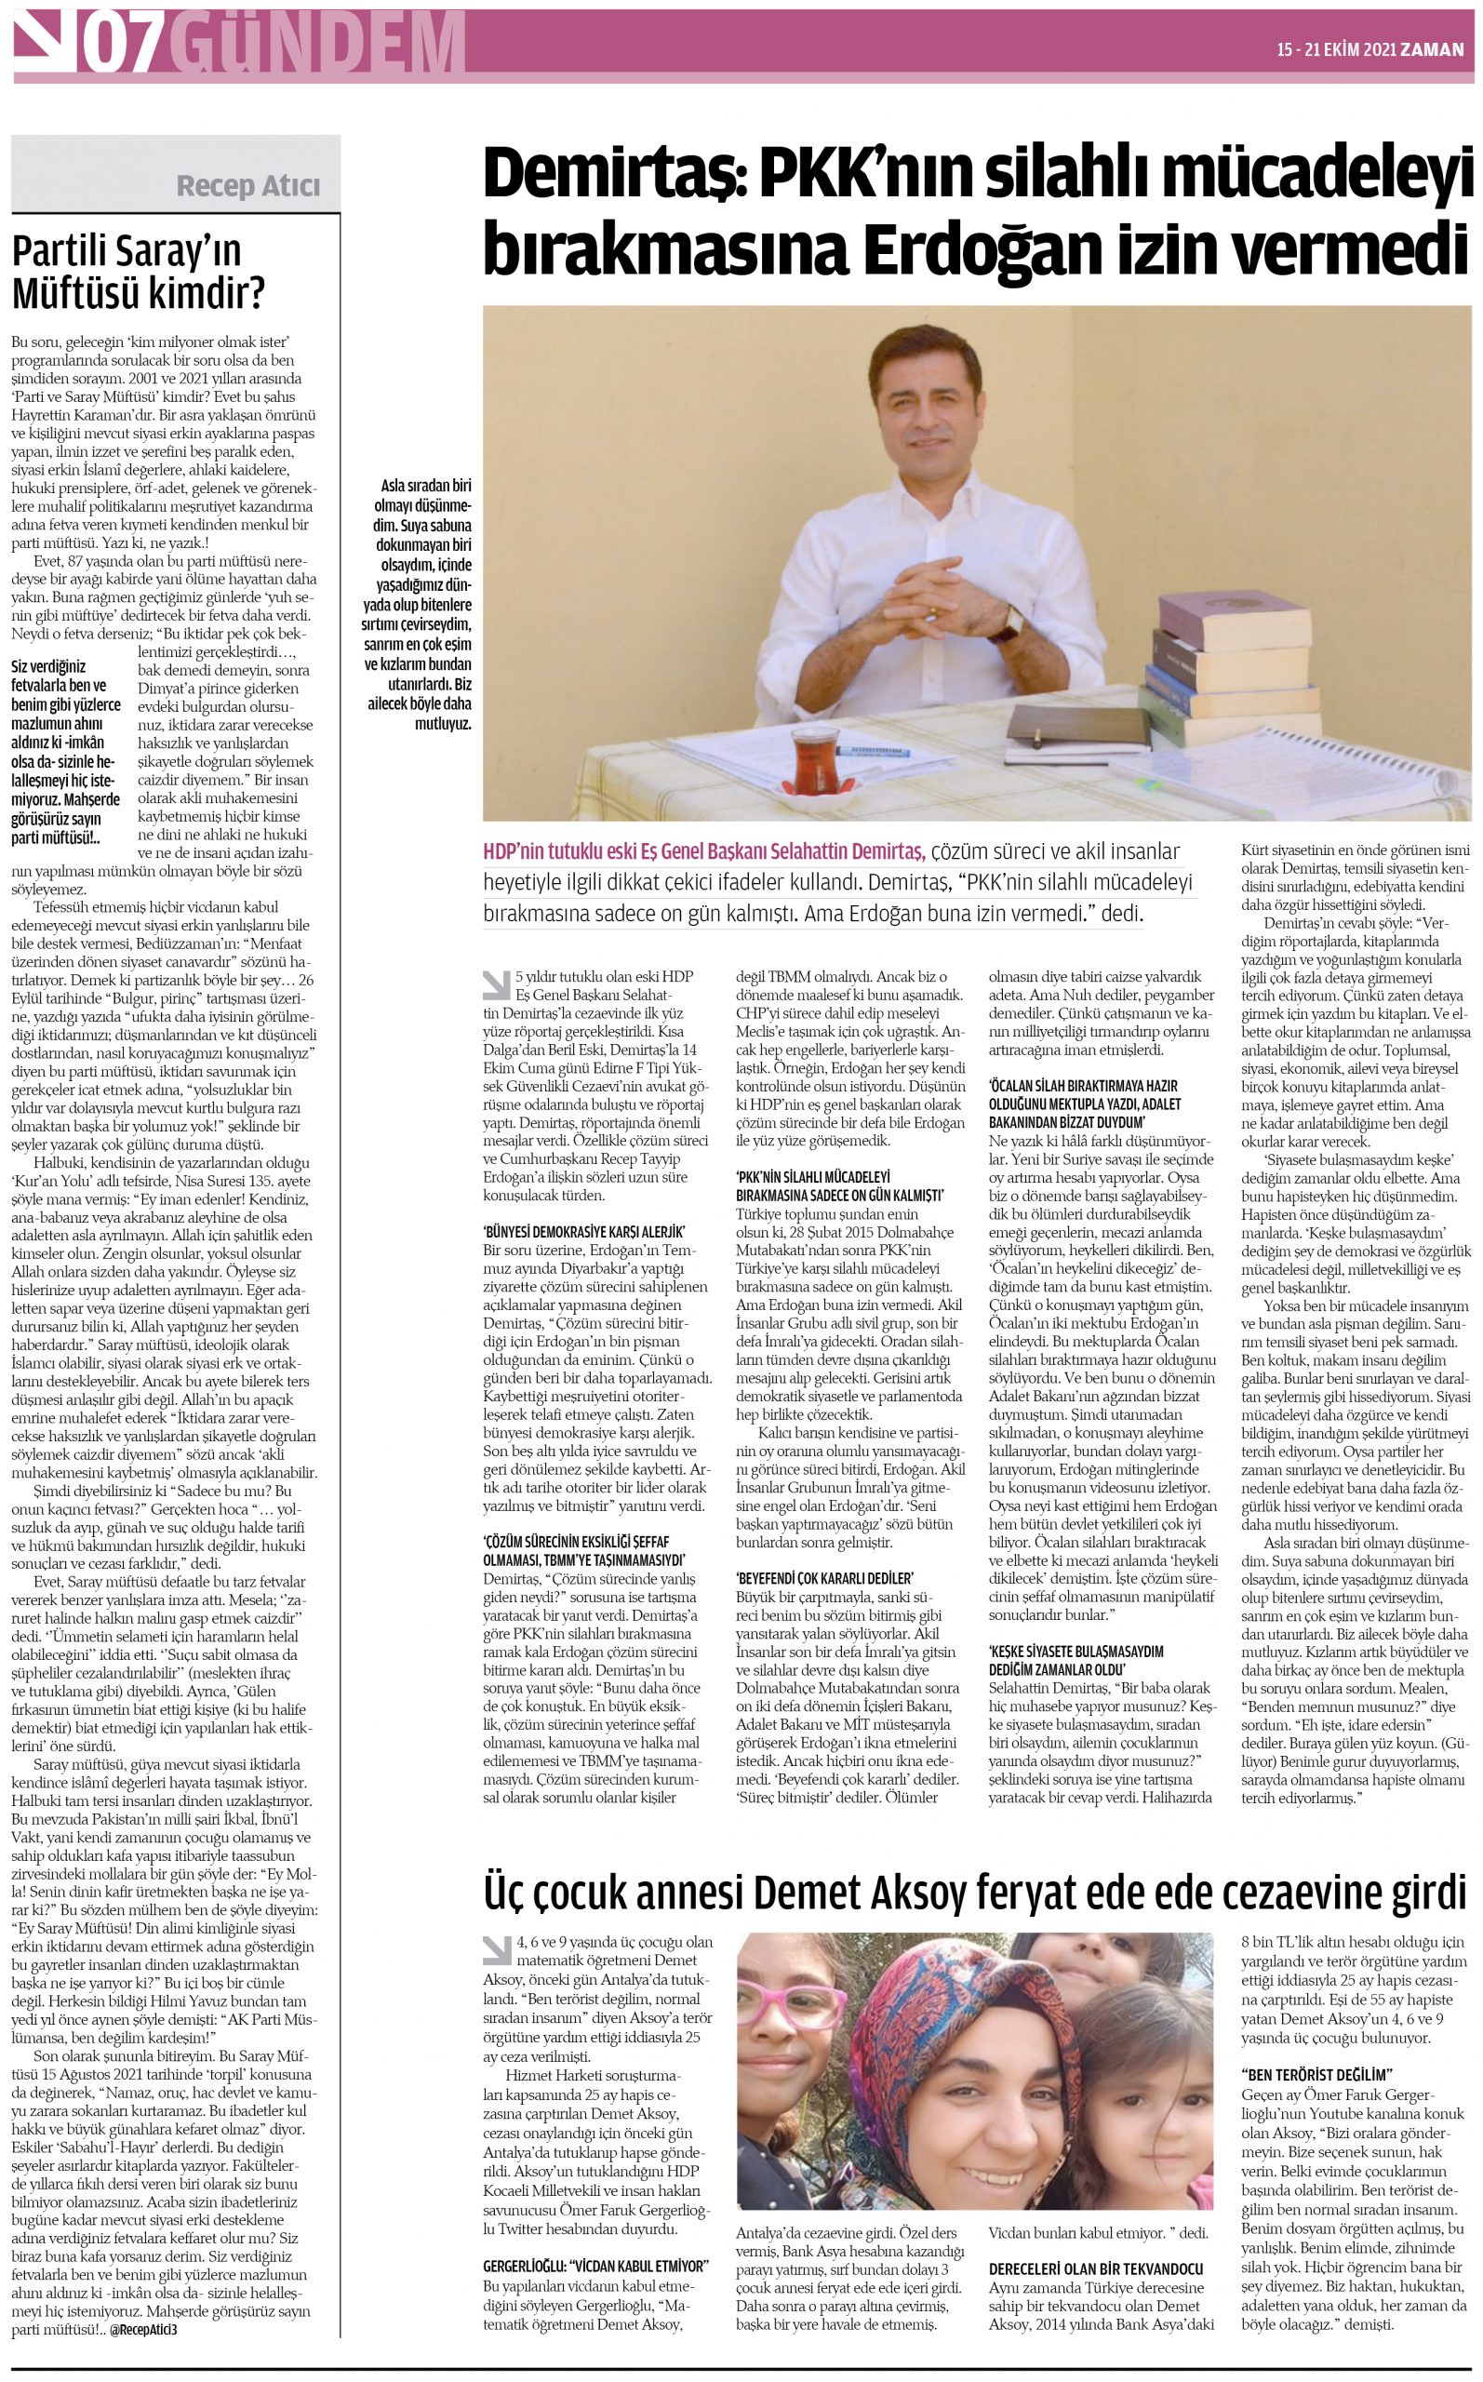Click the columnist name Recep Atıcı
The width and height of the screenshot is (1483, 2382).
(x=247, y=185)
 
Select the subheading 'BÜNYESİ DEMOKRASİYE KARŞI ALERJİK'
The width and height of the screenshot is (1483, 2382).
(x=582, y=1232)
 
